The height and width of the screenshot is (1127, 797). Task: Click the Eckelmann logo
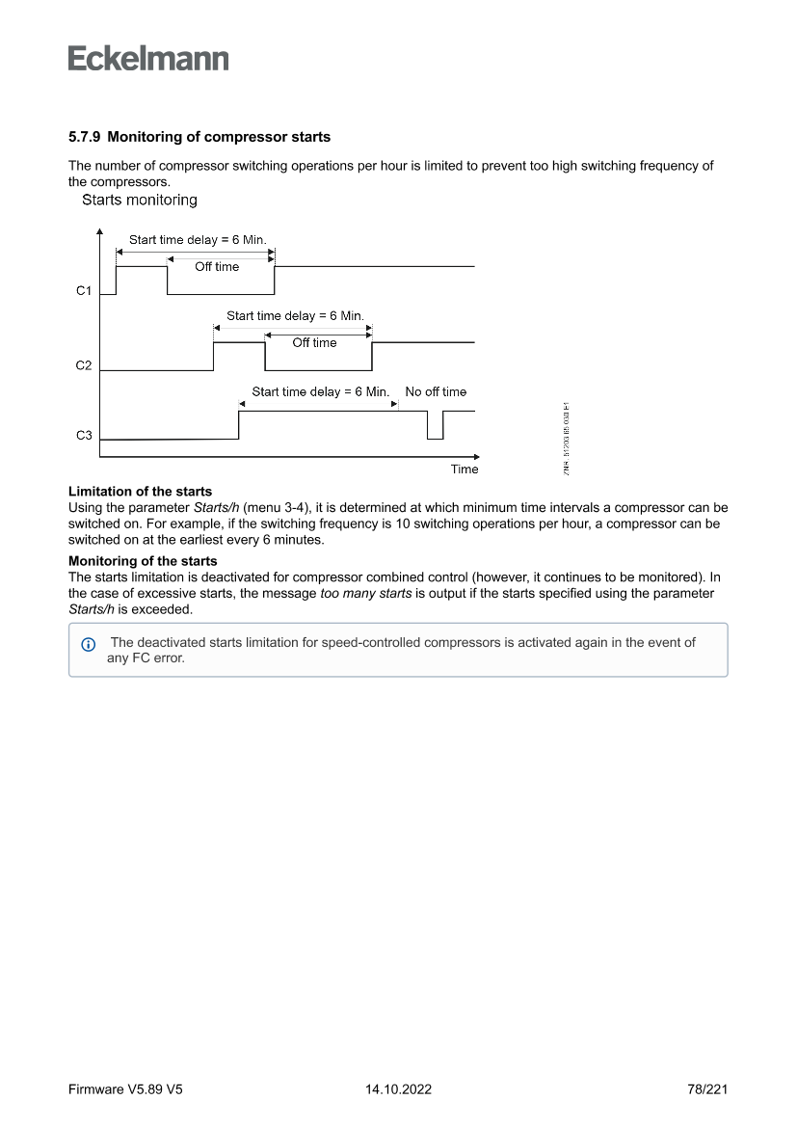(x=148, y=58)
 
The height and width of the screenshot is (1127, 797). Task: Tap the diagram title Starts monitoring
(x=140, y=201)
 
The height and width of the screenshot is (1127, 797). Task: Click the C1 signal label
(x=84, y=290)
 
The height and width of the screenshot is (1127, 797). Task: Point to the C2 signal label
(x=84, y=366)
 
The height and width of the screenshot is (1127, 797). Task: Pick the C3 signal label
(x=84, y=436)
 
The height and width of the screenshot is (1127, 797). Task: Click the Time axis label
(x=465, y=470)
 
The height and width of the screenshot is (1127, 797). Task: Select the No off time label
(x=436, y=392)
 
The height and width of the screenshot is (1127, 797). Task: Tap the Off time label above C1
(x=217, y=267)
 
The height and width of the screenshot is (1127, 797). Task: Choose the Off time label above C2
(x=315, y=343)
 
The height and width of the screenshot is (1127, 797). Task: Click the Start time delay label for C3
(x=320, y=392)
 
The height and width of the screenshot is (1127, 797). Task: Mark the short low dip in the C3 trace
(x=436, y=426)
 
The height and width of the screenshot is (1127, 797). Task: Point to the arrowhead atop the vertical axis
(x=100, y=232)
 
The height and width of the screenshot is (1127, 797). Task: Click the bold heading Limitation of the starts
(x=141, y=493)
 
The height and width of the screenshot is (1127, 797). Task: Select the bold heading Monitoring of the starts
(x=143, y=561)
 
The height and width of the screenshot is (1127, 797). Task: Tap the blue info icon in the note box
(x=89, y=644)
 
